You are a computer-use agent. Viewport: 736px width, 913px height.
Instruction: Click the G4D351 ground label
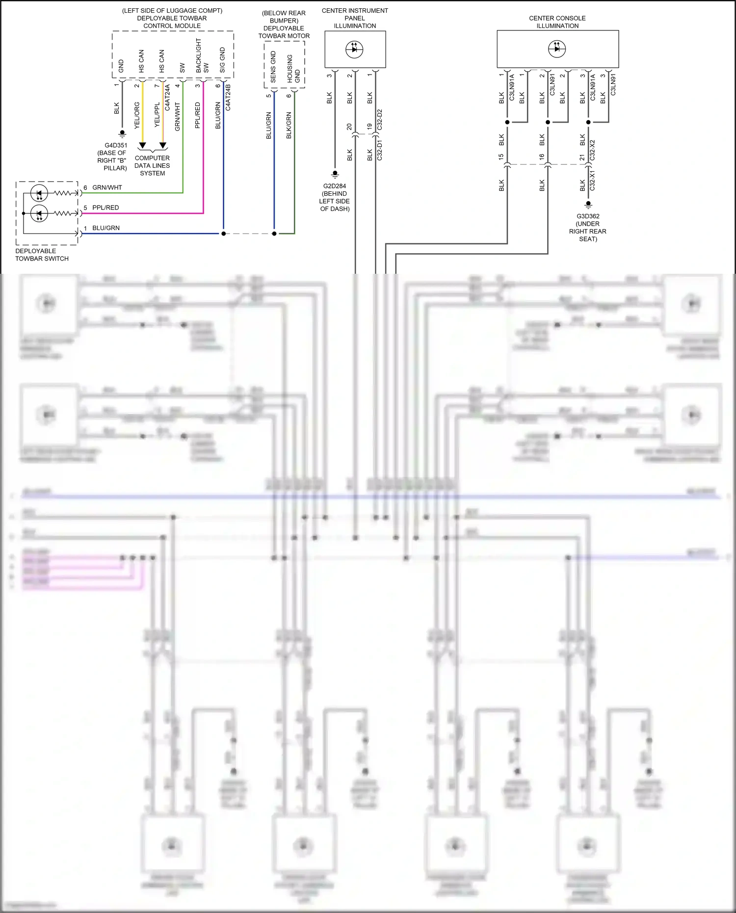(116, 145)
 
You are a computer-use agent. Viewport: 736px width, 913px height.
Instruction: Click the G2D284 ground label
(335, 186)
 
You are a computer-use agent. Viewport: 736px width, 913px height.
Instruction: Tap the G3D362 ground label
(588, 216)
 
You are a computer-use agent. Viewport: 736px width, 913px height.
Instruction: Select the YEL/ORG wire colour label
(137, 116)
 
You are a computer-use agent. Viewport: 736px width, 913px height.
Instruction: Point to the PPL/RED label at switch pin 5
(105, 208)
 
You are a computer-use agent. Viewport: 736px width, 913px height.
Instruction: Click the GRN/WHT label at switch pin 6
(107, 187)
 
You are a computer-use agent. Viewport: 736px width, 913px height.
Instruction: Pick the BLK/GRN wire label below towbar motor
(289, 125)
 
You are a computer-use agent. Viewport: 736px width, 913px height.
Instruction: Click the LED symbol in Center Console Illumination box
(557, 49)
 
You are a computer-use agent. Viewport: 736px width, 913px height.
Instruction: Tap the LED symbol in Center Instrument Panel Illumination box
(354, 49)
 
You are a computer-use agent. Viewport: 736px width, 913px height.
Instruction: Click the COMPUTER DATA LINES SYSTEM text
(152, 165)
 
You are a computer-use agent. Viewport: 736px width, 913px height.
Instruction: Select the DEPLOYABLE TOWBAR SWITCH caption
(42, 255)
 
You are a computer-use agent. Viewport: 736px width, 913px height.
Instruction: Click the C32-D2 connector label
(379, 120)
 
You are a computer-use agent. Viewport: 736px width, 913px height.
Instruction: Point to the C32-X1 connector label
(592, 181)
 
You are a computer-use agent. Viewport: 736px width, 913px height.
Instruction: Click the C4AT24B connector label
(228, 97)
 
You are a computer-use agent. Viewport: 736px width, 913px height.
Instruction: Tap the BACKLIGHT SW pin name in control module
(202, 56)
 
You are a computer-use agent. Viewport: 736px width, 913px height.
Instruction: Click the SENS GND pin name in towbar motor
(273, 67)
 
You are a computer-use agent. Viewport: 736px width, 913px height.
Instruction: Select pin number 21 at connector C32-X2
(582, 157)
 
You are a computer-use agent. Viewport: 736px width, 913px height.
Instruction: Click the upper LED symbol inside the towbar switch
(39, 193)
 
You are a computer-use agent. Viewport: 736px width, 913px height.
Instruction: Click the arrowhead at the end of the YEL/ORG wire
(142, 146)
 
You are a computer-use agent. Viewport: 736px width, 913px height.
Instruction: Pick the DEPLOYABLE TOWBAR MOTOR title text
(284, 32)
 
